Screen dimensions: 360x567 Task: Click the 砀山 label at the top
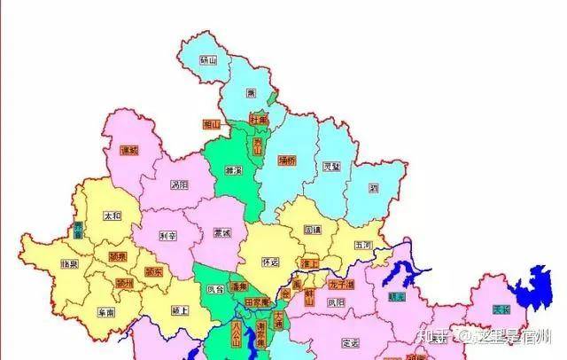tap(208, 60)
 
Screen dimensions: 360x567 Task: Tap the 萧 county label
tap(251, 93)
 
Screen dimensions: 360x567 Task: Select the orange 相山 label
tap(211, 124)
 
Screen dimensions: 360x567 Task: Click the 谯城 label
tap(129, 150)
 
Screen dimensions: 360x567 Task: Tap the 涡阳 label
tap(180, 185)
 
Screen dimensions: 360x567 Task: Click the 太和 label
tap(113, 215)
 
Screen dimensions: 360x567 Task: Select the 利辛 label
tap(169, 236)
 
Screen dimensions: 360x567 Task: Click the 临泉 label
tap(70, 264)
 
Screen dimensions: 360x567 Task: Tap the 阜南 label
tap(105, 313)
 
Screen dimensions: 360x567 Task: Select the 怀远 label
tap(271, 262)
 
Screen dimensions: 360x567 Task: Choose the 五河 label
tap(363, 244)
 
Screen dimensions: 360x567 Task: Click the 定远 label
tap(350, 342)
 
